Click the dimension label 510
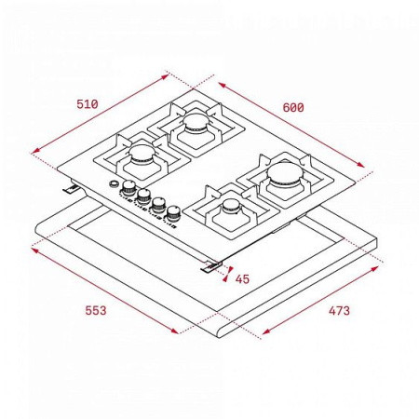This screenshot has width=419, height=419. click(x=88, y=103)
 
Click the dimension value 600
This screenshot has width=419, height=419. click(x=292, y=108)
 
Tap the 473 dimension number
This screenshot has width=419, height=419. click(x=339, y=310)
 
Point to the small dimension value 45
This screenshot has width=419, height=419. click(x=242, y=278)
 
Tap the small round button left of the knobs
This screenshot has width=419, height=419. click(x=114, y=185)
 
